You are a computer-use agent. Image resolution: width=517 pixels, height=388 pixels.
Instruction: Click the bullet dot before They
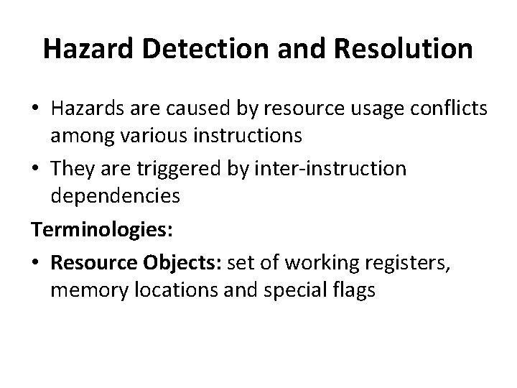point(37,170)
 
